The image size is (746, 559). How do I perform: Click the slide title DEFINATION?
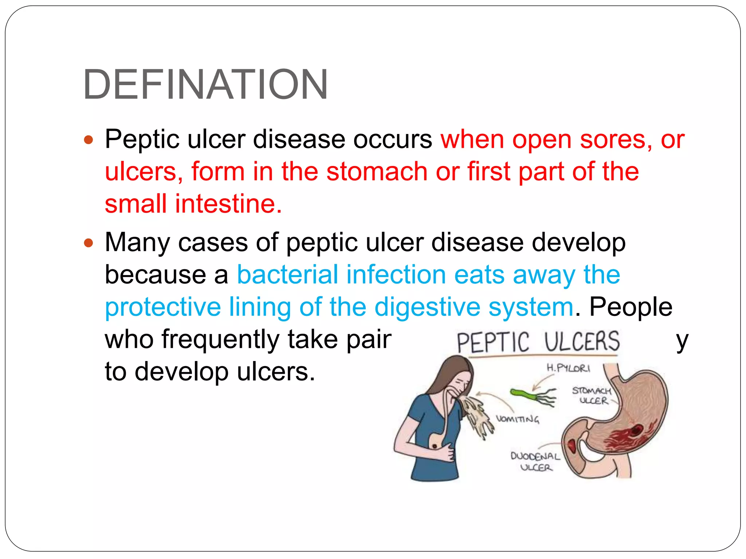pos(205,84)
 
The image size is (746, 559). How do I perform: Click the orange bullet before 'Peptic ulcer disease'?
pos(89,139)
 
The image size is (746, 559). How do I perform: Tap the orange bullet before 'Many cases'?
pos(89,243)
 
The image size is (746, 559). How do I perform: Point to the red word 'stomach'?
pos(377,171)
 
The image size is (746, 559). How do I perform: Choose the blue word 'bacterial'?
pos(287,274)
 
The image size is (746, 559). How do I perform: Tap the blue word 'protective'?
pos(163,307)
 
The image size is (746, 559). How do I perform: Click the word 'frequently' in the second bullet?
pos(220,339)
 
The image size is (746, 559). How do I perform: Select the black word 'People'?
pos(631,307)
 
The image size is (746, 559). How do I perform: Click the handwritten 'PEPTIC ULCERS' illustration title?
pos(538,342)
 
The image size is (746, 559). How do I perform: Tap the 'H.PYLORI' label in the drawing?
pos(568,368)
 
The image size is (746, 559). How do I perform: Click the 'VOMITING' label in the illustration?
pos(517,419)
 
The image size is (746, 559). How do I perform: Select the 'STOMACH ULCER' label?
pos(592,396)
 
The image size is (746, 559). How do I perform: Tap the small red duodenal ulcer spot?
pos(572,445)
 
